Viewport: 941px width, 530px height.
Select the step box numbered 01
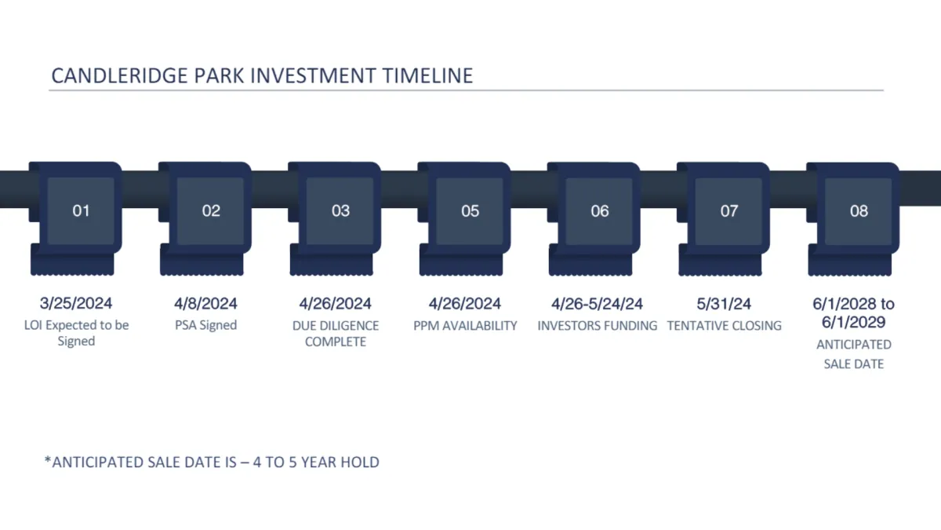pos(81,210)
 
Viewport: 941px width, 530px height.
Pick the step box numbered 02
pos(210,210)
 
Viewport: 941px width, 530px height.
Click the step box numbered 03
pos(340,210)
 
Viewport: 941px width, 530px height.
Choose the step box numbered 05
pos(470,210)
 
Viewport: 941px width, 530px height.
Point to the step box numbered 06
pos(599,210)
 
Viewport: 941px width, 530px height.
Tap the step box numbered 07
pos(728,210)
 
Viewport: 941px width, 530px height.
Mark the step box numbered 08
pos(858,210)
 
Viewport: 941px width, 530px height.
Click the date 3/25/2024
pos(76,303)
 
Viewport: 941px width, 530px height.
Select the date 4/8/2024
pos(205,303)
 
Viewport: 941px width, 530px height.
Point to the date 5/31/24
pos(724,304)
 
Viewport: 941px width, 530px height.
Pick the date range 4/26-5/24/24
pos(597,304)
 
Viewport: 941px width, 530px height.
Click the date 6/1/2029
pos(854,322)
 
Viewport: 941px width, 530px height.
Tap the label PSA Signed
pos(205,325)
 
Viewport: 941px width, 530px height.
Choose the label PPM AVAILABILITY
pos(465,326)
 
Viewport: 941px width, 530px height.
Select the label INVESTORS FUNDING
pos(598,326)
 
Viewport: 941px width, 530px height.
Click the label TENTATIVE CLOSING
pos(725,326)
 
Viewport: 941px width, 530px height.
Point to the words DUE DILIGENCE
pos(336,326)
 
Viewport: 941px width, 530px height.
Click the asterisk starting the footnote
pos(48,459)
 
